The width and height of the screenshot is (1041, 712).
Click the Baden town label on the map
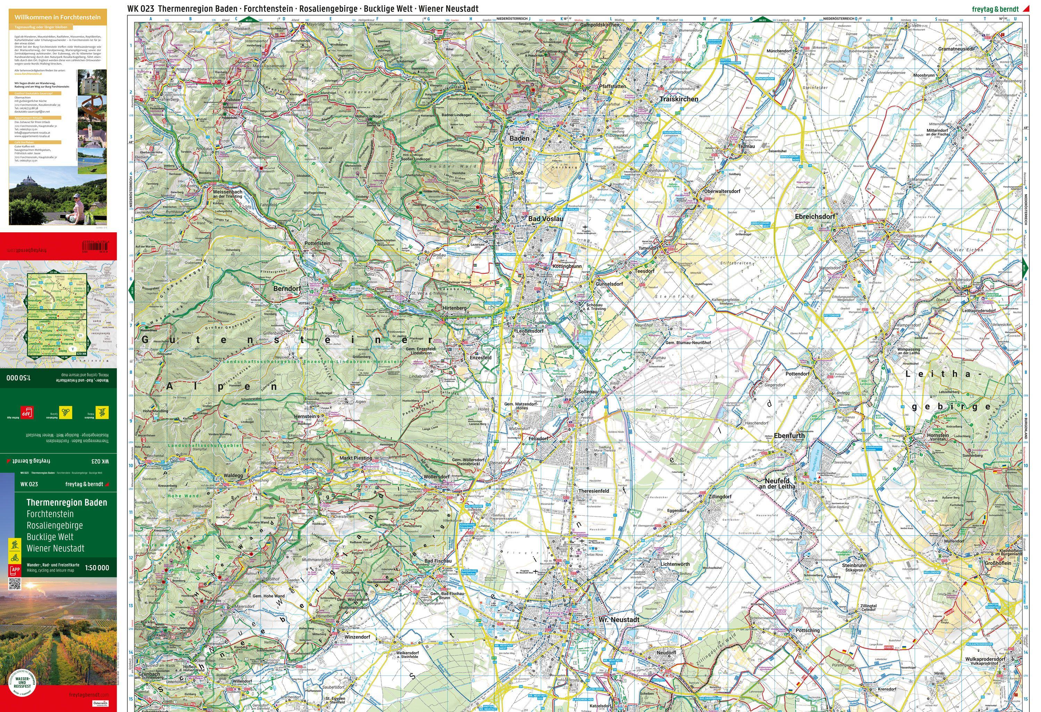pyautogui.click(x=519, y=139)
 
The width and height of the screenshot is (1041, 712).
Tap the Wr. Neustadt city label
pyautogui.click(x=619, y=620)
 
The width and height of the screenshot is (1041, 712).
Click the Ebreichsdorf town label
pyautogui.click(x=815, y=217)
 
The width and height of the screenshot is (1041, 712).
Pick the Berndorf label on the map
pyautogui.click(x=287, y=289)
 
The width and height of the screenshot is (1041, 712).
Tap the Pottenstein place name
pyautogui.click(x=317, y=243)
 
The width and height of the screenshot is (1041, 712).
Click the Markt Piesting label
pyautogui.click(x=356, y=458)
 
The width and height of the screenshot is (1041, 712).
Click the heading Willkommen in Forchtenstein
pyautogui.click(x=57, y=17)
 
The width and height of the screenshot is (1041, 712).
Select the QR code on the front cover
pyautogui.click(x=15, y=583)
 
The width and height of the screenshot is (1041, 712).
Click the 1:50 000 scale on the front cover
pyautogui.click(x=97, y=568)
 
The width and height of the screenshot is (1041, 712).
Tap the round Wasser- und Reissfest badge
pyautogui.click(x=23, y=685)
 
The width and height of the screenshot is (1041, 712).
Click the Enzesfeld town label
pyautogui.click(x=480, y=358)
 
